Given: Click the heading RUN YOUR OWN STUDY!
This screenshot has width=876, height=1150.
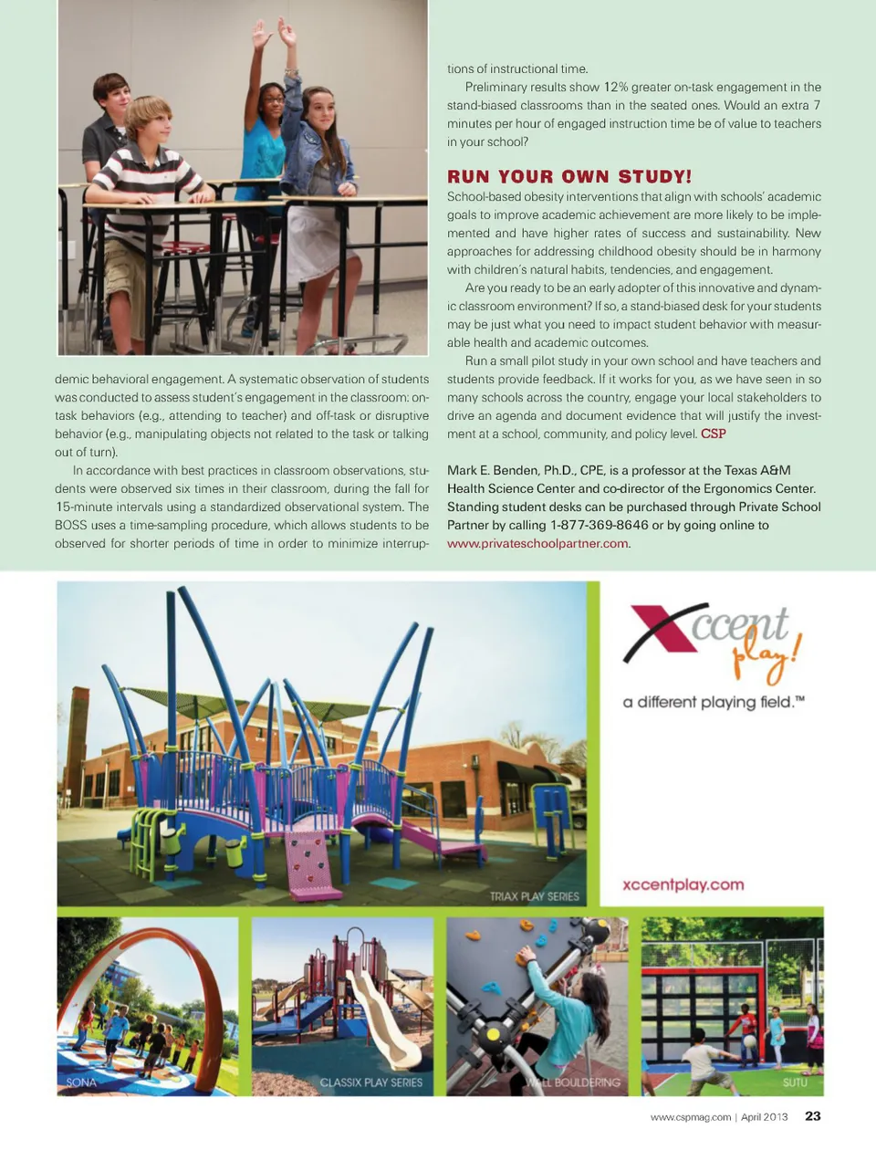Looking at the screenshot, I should [x=568, y=176].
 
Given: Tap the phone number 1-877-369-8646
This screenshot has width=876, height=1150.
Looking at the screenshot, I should [x=599, y=525].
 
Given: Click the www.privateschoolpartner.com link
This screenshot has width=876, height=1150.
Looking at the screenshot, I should [x=537, y=543].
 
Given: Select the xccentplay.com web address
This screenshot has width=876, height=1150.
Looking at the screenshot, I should [x=683, y=884].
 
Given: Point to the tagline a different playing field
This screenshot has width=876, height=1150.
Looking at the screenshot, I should [x=713, y=702].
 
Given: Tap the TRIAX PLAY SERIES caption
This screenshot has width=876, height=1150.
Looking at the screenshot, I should [x=534, y=896].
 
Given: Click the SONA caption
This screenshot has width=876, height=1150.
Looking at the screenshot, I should [x=81, y=1082].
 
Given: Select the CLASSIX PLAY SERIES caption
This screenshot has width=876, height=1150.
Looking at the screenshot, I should [x=370, y=1082].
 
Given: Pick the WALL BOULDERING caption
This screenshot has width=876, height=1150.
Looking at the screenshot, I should [x=575, y=1082].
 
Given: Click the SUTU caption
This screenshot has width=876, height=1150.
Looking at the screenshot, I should [x=795, y=1082].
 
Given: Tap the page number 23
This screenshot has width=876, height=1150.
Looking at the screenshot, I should [x=812, y=1115].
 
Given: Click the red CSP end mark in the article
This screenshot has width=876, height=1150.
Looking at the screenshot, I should [x=714, y=434].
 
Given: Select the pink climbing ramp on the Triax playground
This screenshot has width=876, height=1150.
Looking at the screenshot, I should [x=313, y=863].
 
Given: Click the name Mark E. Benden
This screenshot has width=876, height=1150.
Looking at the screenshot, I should [x=492, y=470].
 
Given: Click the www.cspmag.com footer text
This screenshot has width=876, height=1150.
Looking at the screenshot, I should [x=691, y=1116].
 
